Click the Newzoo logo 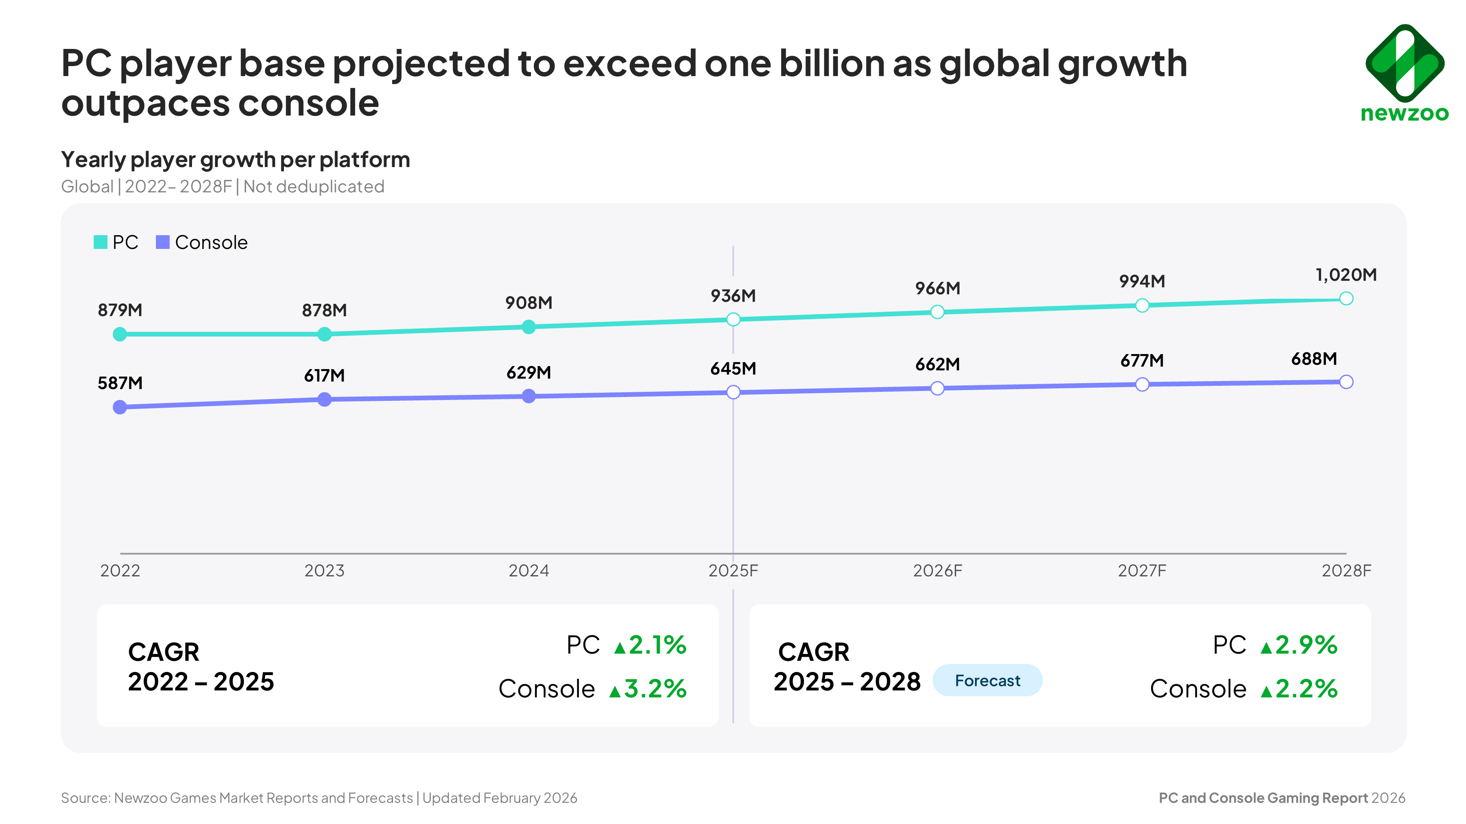pyautogui.click(x=1404, y=73)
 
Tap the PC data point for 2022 pyautogui.click(x=120, y=334)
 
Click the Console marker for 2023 pyautogui.click(x=324, y=400)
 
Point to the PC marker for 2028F pyautogui.click(x=1346, y=299)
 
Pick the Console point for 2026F pyautogui.click(x=937, y=388)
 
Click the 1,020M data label pyautogui.click(x=1346, y=275)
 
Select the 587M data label pyautogui.click(x=120, y=383)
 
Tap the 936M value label pyautogui.click(x=733, y=296)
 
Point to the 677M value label pyautogui.click(x=1142, y=360)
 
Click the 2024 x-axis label pyautogui.click(x=529, y=570)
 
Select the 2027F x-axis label pyautogui.click(x=1142, y=570)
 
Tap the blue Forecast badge pyautogui.click(x=987, y=681)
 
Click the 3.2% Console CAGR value pyautogui.click(x=655, y=689)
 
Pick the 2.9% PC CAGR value pyautogui.click(x=1306, y=645)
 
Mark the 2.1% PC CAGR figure pyautogui.click(x=657, y=645)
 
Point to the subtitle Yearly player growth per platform pyautogui.click(x=235, y=160)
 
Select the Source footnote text pyautogui.click(x=319, y=798)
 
